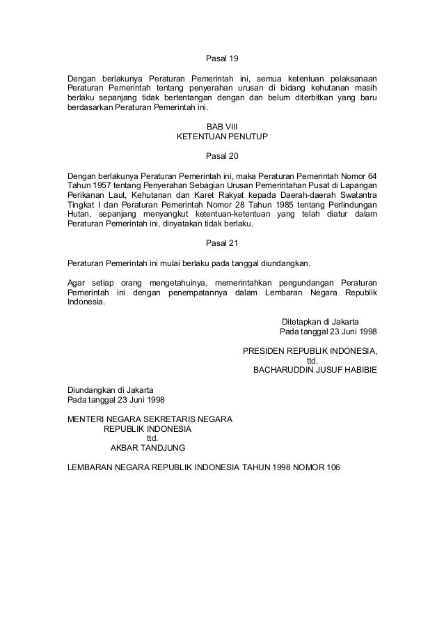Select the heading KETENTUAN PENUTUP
point(222,136)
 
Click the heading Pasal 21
point(222,244)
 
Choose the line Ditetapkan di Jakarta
point(320,322)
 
